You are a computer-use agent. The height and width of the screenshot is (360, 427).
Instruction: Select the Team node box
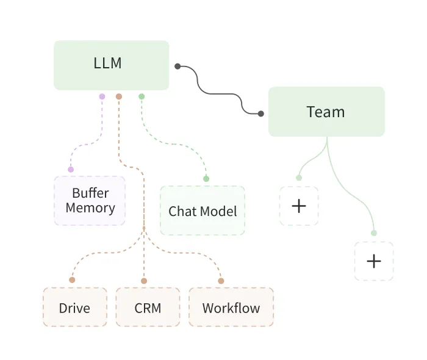[x=326, y=112]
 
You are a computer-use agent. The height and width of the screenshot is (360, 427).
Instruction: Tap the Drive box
[x=74, y=308]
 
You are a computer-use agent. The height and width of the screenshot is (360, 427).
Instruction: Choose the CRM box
[x=148, y=308]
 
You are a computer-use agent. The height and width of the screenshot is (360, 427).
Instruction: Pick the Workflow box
[x=231, y=308]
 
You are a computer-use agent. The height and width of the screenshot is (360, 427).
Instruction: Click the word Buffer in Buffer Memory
[x=90, y=193]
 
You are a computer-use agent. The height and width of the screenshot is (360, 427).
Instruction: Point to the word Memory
[x=90, y=208]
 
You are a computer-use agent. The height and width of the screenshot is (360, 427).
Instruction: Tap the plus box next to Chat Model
[x=299, y=206]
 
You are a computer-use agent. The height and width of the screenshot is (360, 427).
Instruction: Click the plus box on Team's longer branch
[x=373, y=261]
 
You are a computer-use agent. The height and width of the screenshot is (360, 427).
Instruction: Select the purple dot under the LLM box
[x=102, y=96]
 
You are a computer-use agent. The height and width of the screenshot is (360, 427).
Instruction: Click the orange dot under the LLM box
[x=119, y=96]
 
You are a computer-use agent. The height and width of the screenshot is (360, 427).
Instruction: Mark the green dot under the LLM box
[x=142, y=96]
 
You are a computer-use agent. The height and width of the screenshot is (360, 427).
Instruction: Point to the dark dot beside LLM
[x=177, y=66]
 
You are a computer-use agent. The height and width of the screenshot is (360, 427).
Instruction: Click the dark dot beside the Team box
[x=260, y=113]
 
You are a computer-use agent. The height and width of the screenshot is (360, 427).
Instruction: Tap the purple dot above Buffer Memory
[x=71, y=169]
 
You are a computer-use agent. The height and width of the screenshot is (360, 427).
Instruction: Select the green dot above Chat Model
[x=206, y=179]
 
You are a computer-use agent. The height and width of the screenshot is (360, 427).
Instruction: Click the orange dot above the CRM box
[x=144, y=281]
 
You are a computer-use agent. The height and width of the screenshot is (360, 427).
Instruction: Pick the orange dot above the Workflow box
[x=221, y=281]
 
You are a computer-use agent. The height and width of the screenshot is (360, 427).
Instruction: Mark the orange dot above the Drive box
[x=72, y=280]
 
